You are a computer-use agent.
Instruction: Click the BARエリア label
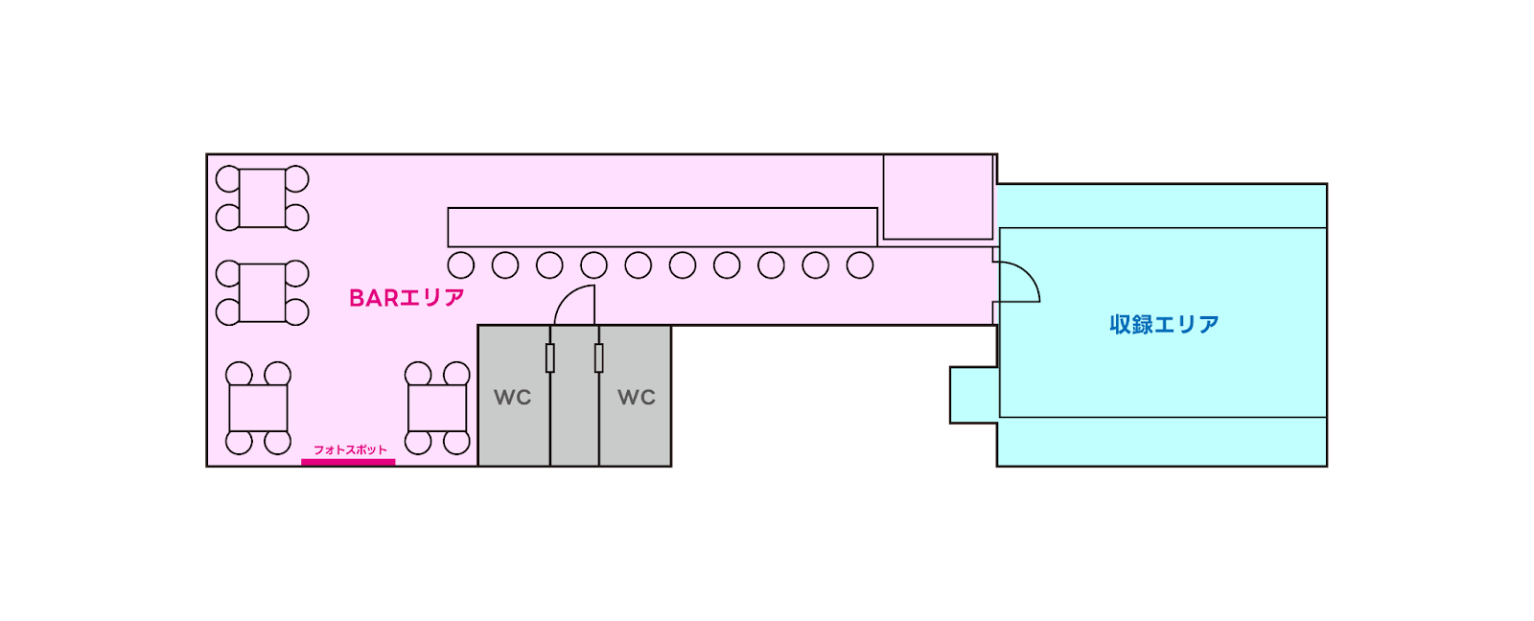tap(407, 298)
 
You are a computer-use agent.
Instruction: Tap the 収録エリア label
tap(1164, 325)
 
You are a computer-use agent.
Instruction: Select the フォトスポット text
tap(350, 449)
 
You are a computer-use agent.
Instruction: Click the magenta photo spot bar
tap(348, 462)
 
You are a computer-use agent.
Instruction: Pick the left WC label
tap(512, 397)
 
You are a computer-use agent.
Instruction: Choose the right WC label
tap(637, 397)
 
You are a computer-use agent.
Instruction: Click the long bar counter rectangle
tap(662, 227)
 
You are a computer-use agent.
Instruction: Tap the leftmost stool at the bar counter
tap(461, 265)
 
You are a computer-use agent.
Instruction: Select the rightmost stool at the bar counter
tap(860, 265)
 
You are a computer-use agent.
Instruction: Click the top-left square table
tap(263, 198)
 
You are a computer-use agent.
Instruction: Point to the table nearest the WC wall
tap(437, 408)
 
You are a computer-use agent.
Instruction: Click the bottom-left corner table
tap(258, 408)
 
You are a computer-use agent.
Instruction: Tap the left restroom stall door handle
tap(550, 357)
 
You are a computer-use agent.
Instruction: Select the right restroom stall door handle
tap(599, 357)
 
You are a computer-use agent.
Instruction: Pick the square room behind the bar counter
tap(938, 196)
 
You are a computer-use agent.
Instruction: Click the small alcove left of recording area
tap(974, 395)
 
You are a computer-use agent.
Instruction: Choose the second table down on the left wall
tap(263, 292)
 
